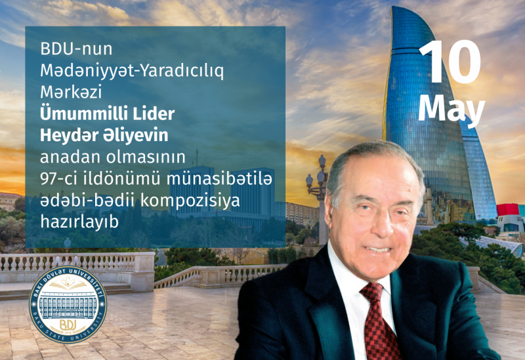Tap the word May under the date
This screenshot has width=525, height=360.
[451, 108]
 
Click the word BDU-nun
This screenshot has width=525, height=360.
[76, 49]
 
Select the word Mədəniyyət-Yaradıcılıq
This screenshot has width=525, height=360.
[132, 71]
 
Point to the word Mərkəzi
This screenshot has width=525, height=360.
[71, 92]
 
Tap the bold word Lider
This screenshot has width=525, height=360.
[154, 114]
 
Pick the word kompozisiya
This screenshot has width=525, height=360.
[190, 201]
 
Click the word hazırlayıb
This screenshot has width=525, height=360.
[79, 222]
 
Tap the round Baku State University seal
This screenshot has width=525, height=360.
[68, 304]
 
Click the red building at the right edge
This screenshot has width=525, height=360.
[508, 210]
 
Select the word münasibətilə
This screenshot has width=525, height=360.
[219, 179]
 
